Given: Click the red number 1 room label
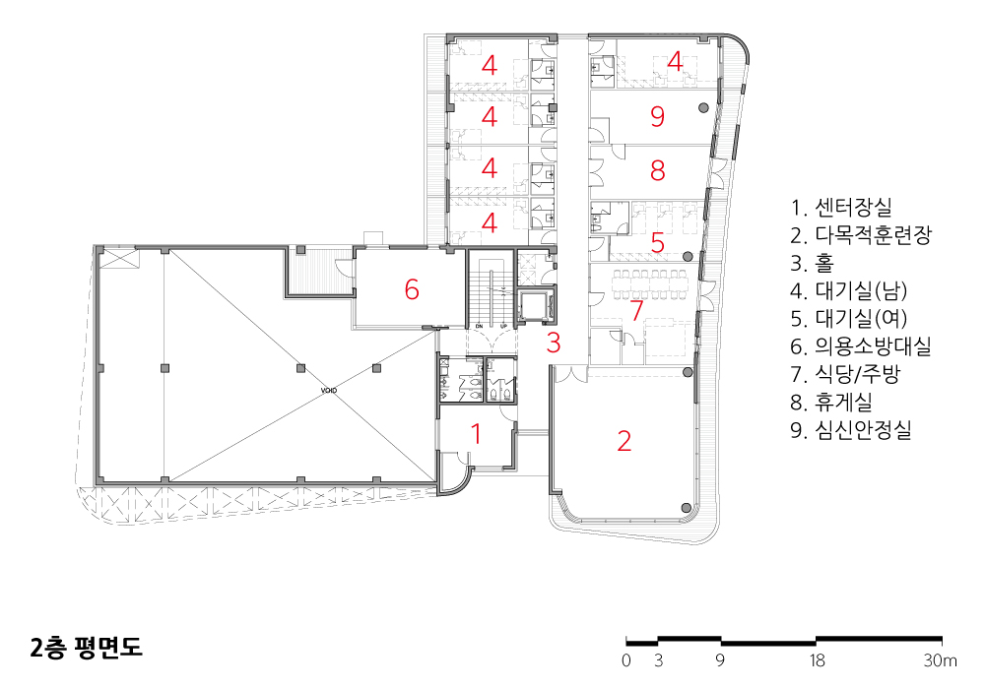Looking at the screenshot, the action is [x=476, y=434].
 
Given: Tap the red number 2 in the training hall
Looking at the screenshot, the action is [x=624, y=441].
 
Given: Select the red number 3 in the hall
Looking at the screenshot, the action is [x=554, y=343].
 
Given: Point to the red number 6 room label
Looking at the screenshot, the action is [x=412, y=289].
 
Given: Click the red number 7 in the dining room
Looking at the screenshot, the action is [x=637, y=310].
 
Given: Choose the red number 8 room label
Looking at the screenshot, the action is [x=657, y=170].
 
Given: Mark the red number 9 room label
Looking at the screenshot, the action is [x=657, y=117].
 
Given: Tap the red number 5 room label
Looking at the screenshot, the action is [x=657, y=242].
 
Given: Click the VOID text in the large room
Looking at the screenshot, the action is [x=329, y=391].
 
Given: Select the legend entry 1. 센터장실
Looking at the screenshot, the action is [x=841, y=207].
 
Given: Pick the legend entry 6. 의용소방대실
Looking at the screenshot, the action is [x=861, y=345].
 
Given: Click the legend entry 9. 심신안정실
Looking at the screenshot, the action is [x=851, y=429].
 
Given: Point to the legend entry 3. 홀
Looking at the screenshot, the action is [x=812, y=262].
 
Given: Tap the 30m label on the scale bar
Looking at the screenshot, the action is [x=940, y=660].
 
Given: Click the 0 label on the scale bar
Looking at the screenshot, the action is [x=625, y=660].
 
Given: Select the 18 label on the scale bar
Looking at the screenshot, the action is [x=816, y=660].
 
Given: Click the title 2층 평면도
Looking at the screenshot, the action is [x=87, y=648].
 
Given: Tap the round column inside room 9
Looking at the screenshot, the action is [x=703, y=108].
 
